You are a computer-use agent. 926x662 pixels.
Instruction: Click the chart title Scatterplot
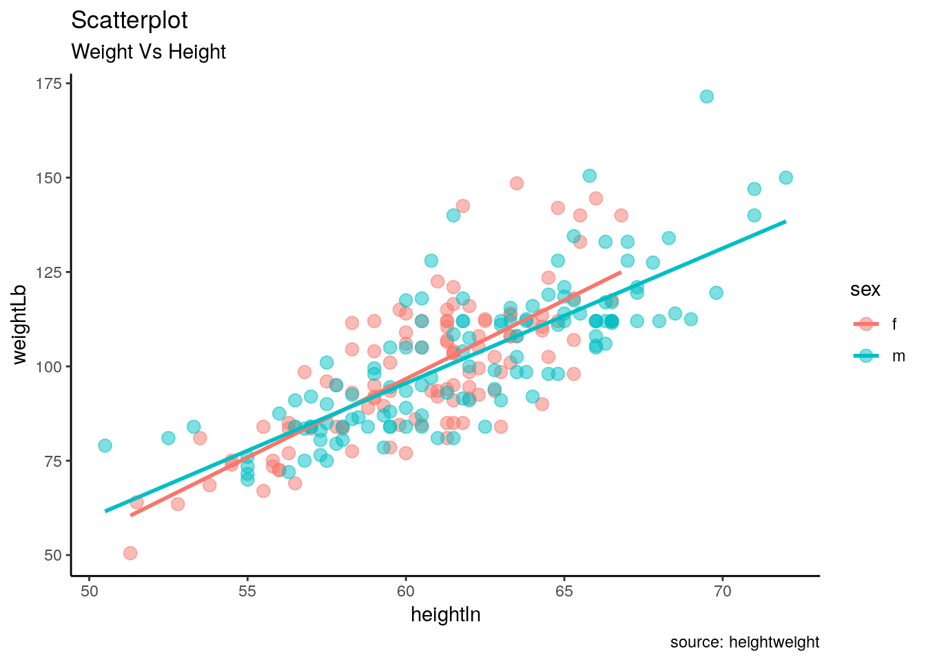(130, 21)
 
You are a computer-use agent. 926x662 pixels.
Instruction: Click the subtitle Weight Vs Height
(148, 52)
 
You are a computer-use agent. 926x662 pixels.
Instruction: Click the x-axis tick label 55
(247, 591)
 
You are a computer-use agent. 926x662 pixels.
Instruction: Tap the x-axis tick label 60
(406, 591)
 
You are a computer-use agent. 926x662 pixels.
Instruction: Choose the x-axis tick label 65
(564, 591)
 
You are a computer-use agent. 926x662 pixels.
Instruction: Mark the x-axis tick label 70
(723, 591)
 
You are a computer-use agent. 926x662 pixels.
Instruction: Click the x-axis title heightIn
(445, 614)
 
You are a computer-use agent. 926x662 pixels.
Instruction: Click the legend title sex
(865, 290)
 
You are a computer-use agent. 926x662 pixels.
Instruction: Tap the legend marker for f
(866, 324)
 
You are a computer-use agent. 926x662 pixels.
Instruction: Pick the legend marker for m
(866, 356)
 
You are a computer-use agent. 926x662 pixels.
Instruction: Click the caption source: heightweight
(744, 643)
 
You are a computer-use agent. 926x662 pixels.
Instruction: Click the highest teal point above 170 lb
(706, 97)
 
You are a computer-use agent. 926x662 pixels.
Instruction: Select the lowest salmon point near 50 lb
(130, 553)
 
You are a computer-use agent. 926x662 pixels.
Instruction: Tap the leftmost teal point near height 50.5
(105, 445)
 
